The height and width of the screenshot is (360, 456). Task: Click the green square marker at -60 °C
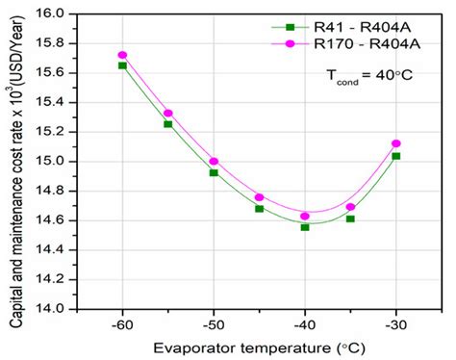click(x=122, y=65)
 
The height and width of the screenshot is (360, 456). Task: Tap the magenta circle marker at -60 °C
click(x=122, y=55)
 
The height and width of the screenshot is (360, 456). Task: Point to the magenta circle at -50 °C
click(x=214, y=162)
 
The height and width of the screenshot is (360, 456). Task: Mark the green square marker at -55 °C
click(x=168, y=124)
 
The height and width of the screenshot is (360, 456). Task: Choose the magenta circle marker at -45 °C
click(x=259, y=197)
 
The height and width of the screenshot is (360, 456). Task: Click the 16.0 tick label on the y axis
click(x=60, y=13)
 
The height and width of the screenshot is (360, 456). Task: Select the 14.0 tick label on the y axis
click(x=60, y=309)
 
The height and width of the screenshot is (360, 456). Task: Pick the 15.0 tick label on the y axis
click(x=60, y=162)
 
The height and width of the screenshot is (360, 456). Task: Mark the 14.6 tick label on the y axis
click(x=60, y=220)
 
